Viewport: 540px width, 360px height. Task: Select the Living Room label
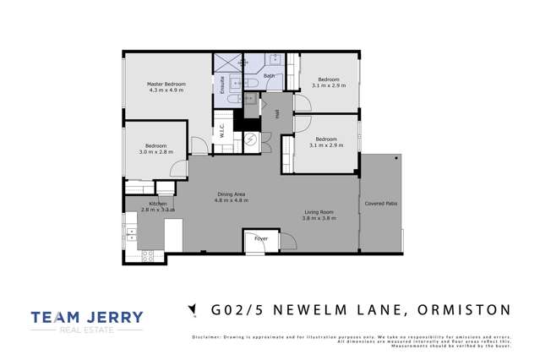point(319,212)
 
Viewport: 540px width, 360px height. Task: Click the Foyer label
point(261,237)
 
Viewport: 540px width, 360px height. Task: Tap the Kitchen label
point(158,204)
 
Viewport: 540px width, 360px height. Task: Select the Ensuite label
point(222,85)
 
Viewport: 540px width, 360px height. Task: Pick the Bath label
point(269,76)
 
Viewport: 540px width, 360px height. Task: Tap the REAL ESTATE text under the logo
point(87,331)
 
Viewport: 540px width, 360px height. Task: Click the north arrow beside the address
point(194,310)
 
